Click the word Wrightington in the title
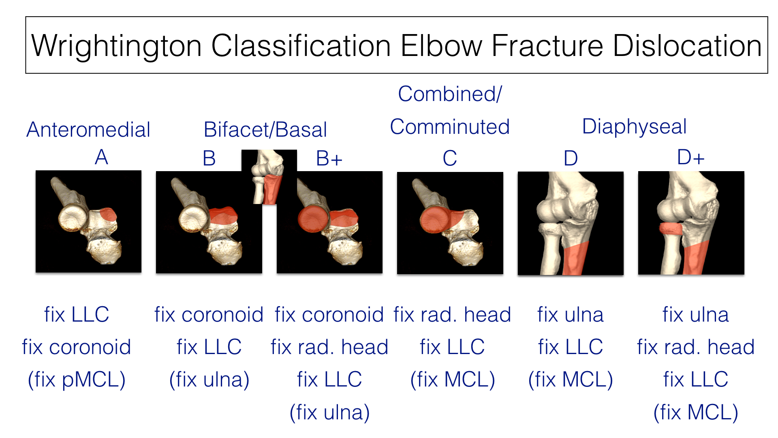[117, 46]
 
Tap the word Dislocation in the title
[687, 45]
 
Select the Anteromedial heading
[88, 130]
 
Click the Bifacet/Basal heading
[265, 130]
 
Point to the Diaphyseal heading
[634, 127]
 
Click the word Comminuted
[450, 127]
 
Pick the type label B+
[329, 158]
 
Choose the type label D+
[691, 157]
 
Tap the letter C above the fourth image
[450, 158]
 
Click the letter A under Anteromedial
[102, 157]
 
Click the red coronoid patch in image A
[108, 214]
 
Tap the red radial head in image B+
[313, 219]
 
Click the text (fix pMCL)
[77, 380]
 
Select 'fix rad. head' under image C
[452, 315]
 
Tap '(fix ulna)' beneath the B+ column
[329, 412]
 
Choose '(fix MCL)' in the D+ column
[696, 412]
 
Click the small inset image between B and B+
[269, 177]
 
